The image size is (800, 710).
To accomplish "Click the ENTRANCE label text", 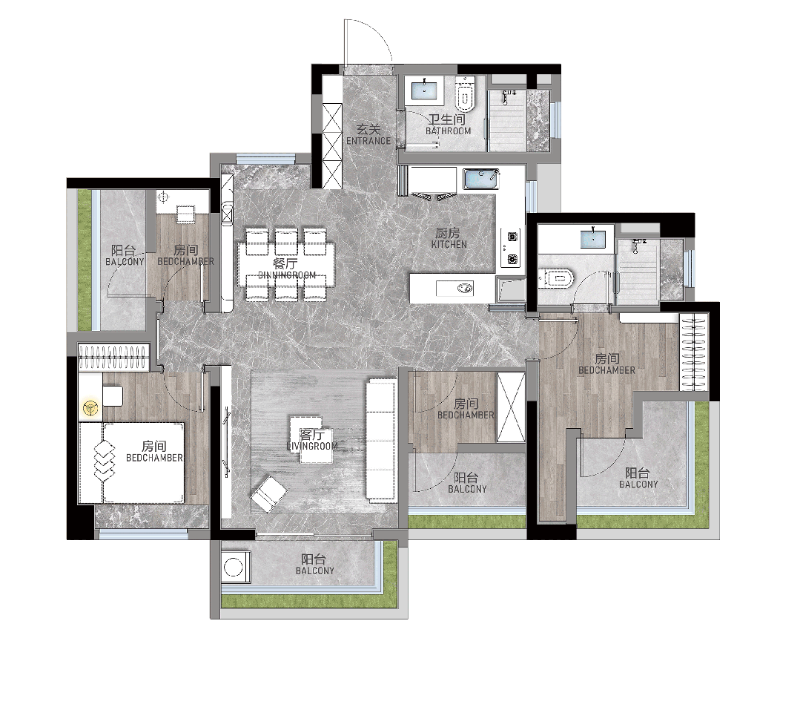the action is (x=368, y=141).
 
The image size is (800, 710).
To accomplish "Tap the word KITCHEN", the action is (x=449, y=245).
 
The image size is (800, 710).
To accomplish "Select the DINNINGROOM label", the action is (x=287, y=275).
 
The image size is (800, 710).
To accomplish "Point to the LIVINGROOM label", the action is (x=312, y=446).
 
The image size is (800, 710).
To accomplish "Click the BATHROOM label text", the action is (x=449, y=131).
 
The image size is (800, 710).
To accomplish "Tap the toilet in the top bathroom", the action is (x=465, y=93).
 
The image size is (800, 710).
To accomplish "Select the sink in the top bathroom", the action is (x=425, y=91).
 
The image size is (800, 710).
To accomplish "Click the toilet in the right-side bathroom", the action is (x=557, y=278).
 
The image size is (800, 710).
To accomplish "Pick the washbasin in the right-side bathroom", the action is (x=593, y=239).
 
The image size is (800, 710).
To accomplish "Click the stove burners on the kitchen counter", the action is (x=511, y=248).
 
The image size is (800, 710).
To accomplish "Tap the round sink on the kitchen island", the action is (x=465, y=289).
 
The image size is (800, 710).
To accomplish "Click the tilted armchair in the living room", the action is (x=269, y=493).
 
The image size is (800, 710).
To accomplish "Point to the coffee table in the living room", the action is (x=311, y=440).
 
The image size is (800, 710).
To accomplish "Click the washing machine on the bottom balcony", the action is (x=235, y=567).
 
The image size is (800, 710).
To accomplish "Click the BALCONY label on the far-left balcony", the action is (x=125, y=262).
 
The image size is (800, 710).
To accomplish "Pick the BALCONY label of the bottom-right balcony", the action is (x=638, y=484).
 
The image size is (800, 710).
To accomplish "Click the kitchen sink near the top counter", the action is (x=480, y=180).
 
